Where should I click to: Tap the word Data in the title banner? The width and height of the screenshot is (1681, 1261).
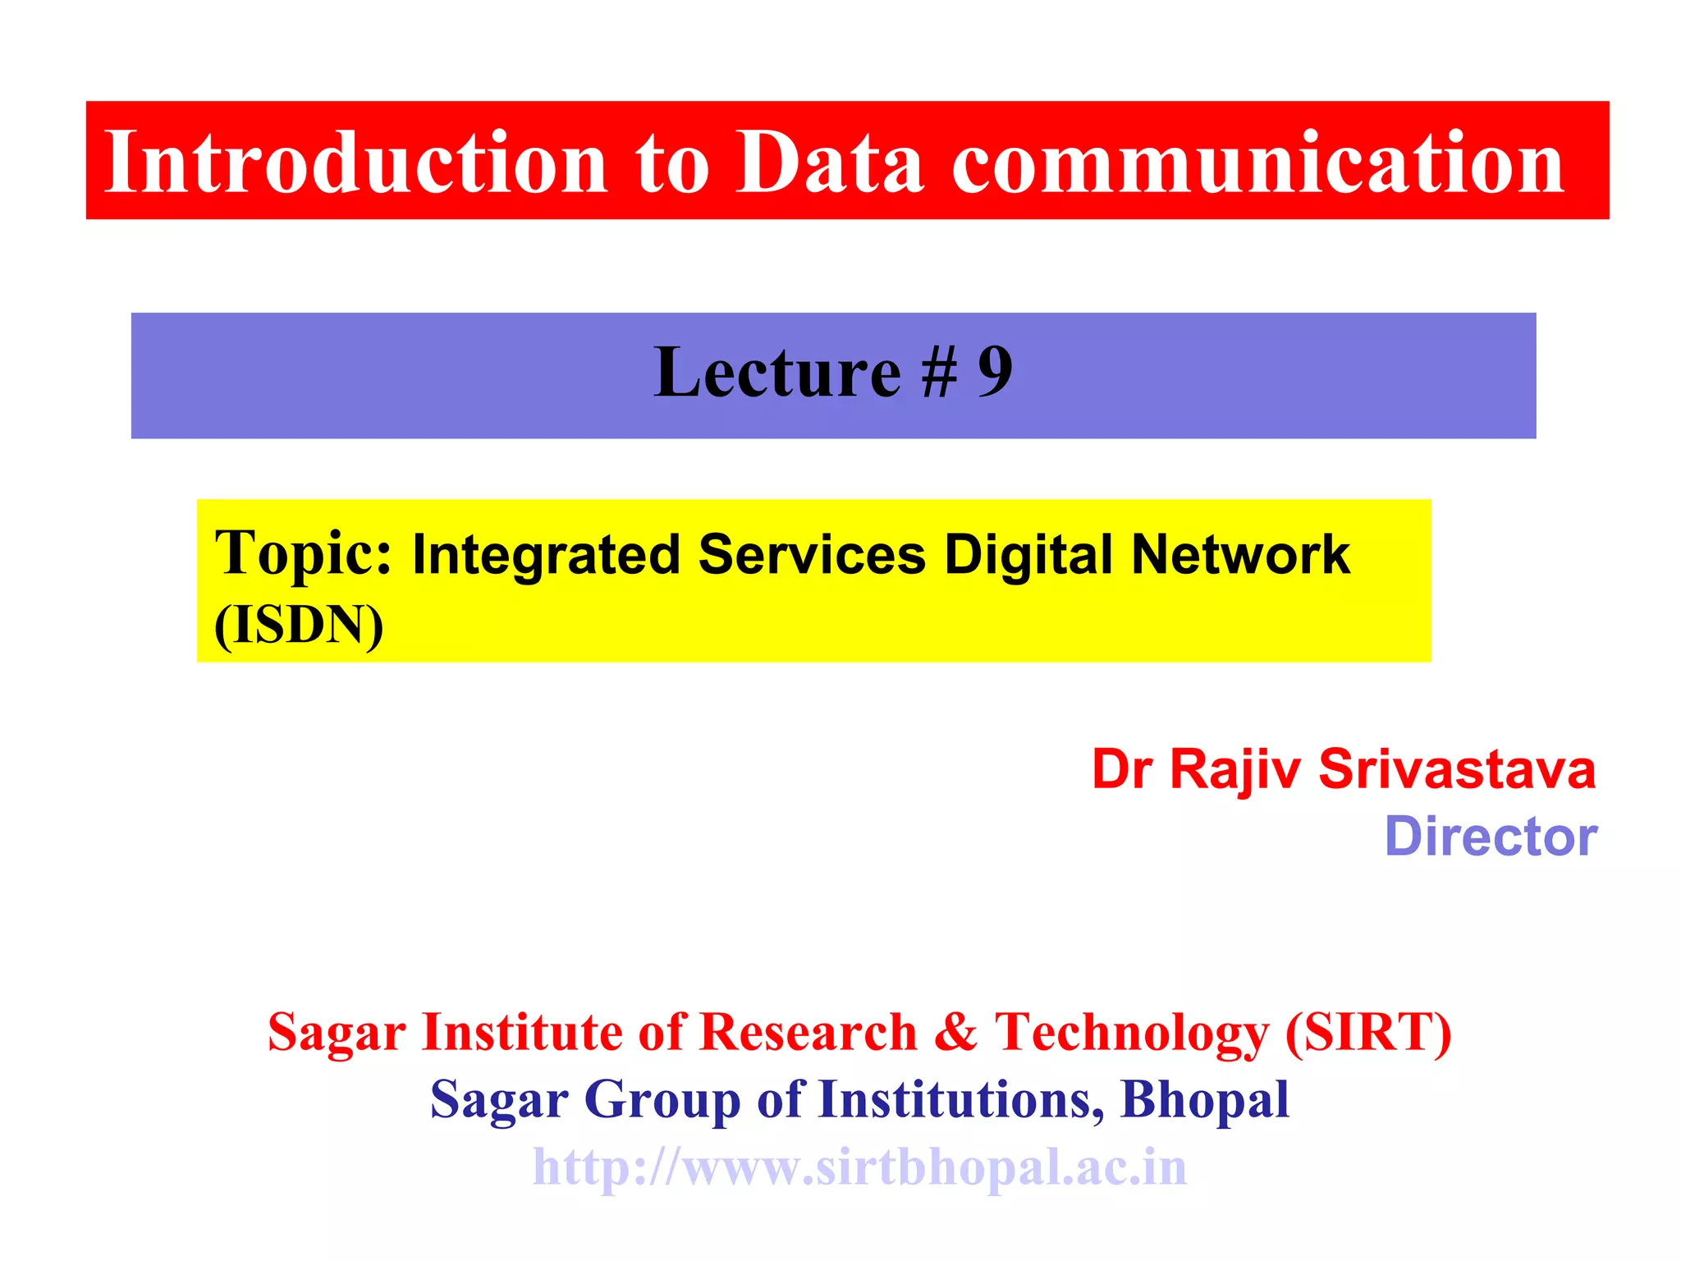(829, 163)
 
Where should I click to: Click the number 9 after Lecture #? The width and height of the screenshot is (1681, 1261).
(995, 373)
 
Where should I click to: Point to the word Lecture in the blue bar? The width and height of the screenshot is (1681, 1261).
(776, 373)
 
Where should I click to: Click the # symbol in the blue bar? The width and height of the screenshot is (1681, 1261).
(938, 374)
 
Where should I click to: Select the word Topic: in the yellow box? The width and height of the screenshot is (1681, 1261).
(304, 555)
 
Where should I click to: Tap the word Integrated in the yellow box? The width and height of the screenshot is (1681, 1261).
(546, 555)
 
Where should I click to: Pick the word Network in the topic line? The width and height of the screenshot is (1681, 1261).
(1240, 555)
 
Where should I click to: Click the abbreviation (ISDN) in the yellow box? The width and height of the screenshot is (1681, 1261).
(299, 626)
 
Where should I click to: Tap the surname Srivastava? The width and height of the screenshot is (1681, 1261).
(1457, 770)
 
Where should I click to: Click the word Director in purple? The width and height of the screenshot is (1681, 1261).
(1491, 837)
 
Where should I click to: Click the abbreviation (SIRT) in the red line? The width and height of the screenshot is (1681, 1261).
(1368, 1032)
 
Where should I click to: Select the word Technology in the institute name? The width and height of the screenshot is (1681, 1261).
(1132, 1034)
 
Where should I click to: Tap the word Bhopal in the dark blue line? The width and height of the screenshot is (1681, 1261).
(1204, 1100)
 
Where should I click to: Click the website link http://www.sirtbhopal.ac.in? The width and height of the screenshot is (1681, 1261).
(859, 1167)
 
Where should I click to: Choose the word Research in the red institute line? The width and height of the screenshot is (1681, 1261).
(808, 1032)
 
